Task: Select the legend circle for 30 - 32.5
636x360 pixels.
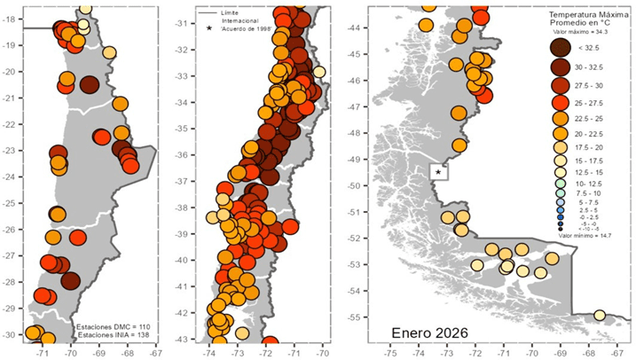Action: click(x=561, y=67)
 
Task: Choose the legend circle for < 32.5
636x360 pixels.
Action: click(x=561, y=46)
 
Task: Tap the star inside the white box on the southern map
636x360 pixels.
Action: click(x=438, y=171)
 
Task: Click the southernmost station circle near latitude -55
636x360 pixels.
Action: click(x=600, y=315)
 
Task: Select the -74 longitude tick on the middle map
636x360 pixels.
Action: click(x=209, y=350)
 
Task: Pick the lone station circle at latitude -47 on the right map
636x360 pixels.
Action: click(x=459, y=113)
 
